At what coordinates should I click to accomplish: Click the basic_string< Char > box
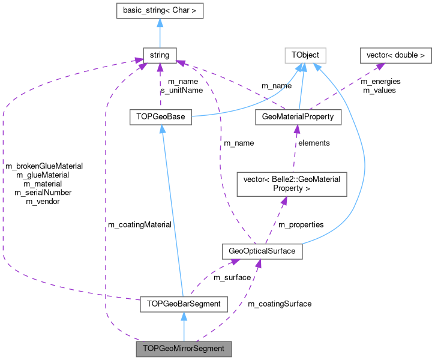pos(160,10)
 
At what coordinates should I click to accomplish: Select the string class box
pos(160,56)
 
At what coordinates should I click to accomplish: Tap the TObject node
pos(305,56)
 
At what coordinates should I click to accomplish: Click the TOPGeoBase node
pos(160,116)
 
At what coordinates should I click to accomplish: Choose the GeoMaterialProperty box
pos(298,116)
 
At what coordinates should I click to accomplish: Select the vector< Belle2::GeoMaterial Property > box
pos(292,184)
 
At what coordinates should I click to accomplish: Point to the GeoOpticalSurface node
pos(262,251)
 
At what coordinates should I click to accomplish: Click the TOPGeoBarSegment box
pos(184,304)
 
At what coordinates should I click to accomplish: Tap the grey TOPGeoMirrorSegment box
pos(184,349)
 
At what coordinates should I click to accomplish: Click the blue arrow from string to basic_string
pos(160,33)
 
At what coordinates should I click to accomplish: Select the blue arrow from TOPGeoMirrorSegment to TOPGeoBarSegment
pos(184,326)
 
